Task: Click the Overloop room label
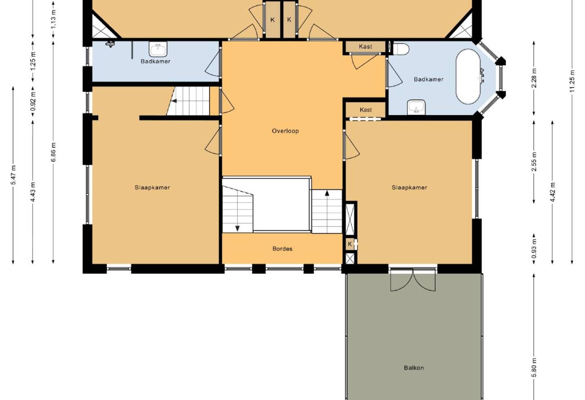coord(285,131)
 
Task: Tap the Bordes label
coord(282,249)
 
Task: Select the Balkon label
coord(414,368)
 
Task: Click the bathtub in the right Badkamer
coord(468,77)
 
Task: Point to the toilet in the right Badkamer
coord(401,49)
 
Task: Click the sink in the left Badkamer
coord(158,49)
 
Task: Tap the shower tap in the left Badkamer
coord(110,44)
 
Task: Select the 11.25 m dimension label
coord(572,80)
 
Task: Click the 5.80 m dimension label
coord(534,367)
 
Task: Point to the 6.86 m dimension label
coord(53,152)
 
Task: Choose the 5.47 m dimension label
coord(13,175)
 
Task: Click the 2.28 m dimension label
coord(534,78)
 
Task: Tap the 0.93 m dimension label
coord(534,249)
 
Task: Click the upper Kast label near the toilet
coord(365,46)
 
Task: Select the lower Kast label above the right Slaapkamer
coord(365,110)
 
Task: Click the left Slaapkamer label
coord(152,187)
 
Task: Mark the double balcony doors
coord(413,280)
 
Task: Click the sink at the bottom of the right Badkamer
coord(416,107)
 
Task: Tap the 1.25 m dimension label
coord(33,61)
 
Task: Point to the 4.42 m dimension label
coord(552,192)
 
